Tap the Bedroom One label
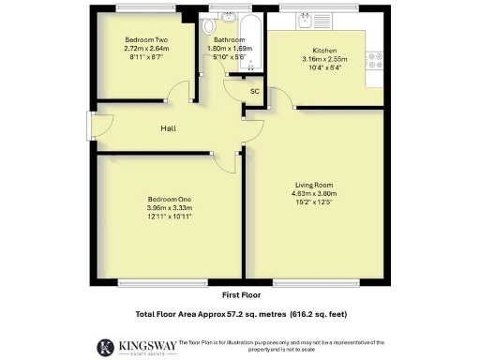(x=169, y=200)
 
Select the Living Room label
(x=313, y=185)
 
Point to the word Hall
(x=169, y=128)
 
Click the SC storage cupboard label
(x=254, y=91)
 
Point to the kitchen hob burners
(x=377, y=63)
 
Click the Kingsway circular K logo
(x=104, y=346)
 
